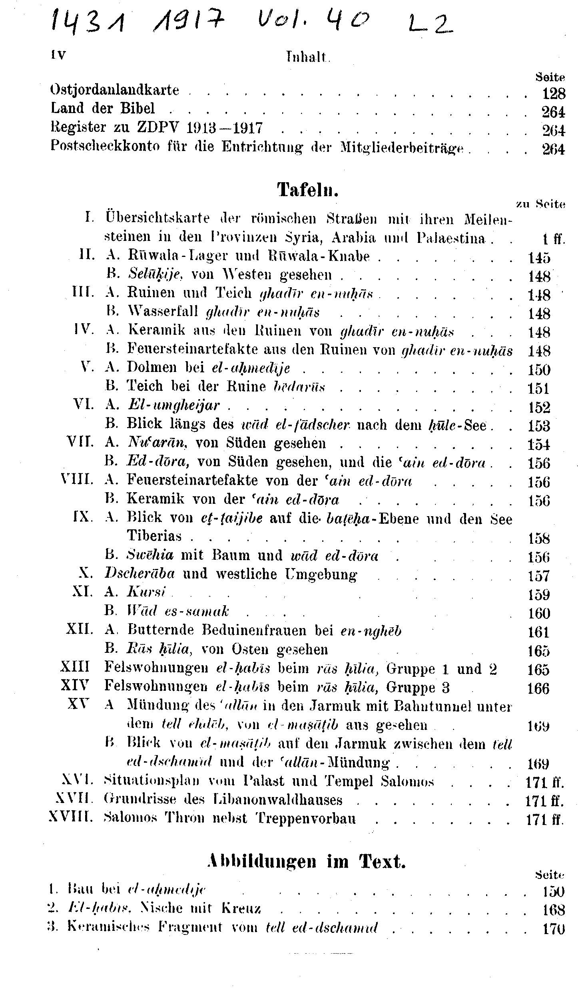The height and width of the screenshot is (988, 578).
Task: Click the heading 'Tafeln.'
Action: (308, 190)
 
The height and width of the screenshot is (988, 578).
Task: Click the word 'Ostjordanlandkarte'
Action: (115, 89)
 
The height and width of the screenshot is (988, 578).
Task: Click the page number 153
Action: (539, 426)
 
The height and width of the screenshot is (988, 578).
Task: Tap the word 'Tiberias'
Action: (154, 535)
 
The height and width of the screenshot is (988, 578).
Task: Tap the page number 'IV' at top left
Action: (57, 55)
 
